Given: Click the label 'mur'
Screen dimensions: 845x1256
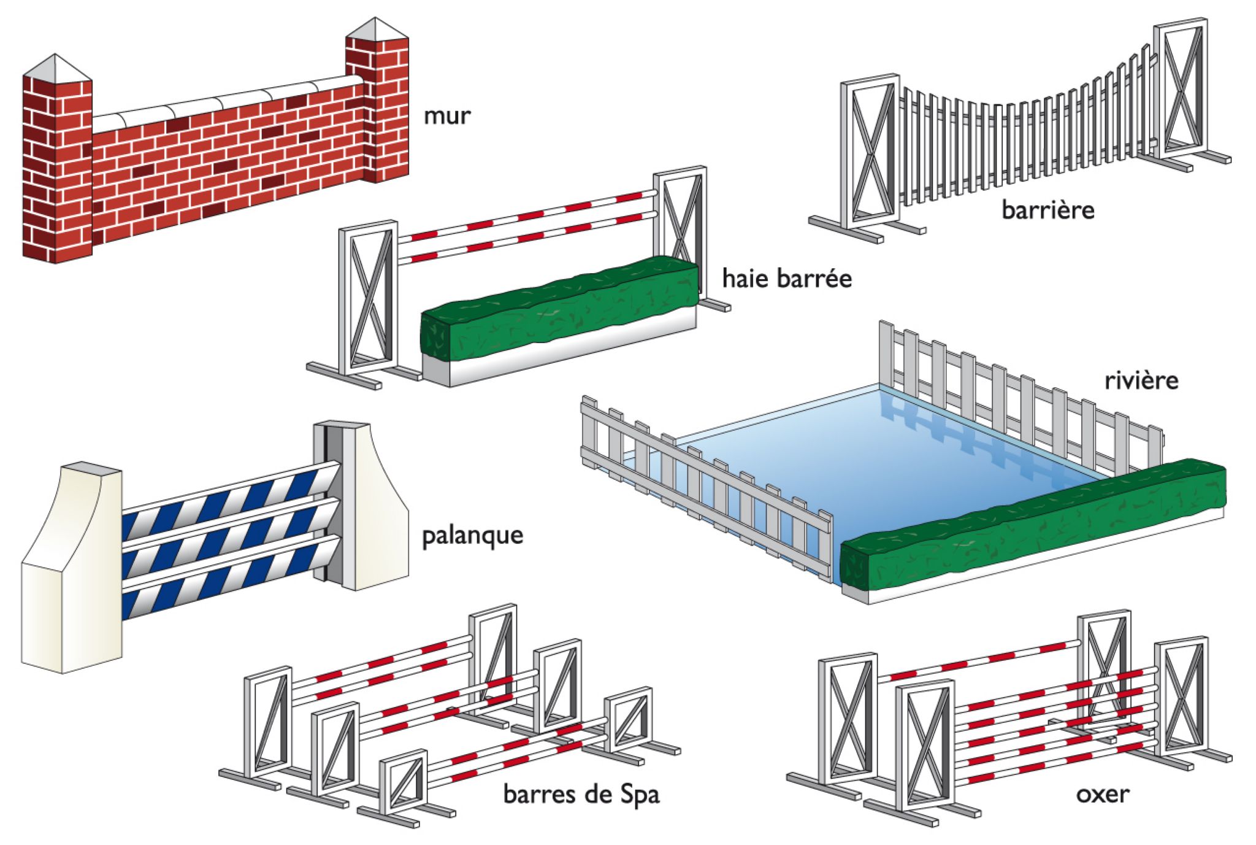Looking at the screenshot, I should click(446, 115).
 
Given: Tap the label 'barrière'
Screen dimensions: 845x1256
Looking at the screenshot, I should click(1047, 210).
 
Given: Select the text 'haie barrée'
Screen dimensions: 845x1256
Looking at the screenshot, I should click(786, 279).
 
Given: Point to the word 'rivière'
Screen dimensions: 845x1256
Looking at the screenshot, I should click(1141, 380).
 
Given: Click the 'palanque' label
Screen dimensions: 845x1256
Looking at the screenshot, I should click(472, 535).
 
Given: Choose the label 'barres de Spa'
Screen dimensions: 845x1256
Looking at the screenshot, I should click(581, 794).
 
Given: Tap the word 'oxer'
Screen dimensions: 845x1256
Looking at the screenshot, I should click(1102, 794).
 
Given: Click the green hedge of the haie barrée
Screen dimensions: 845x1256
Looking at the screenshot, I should click(558, 310).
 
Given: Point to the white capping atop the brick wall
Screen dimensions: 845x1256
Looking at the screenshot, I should click(227, 101).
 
